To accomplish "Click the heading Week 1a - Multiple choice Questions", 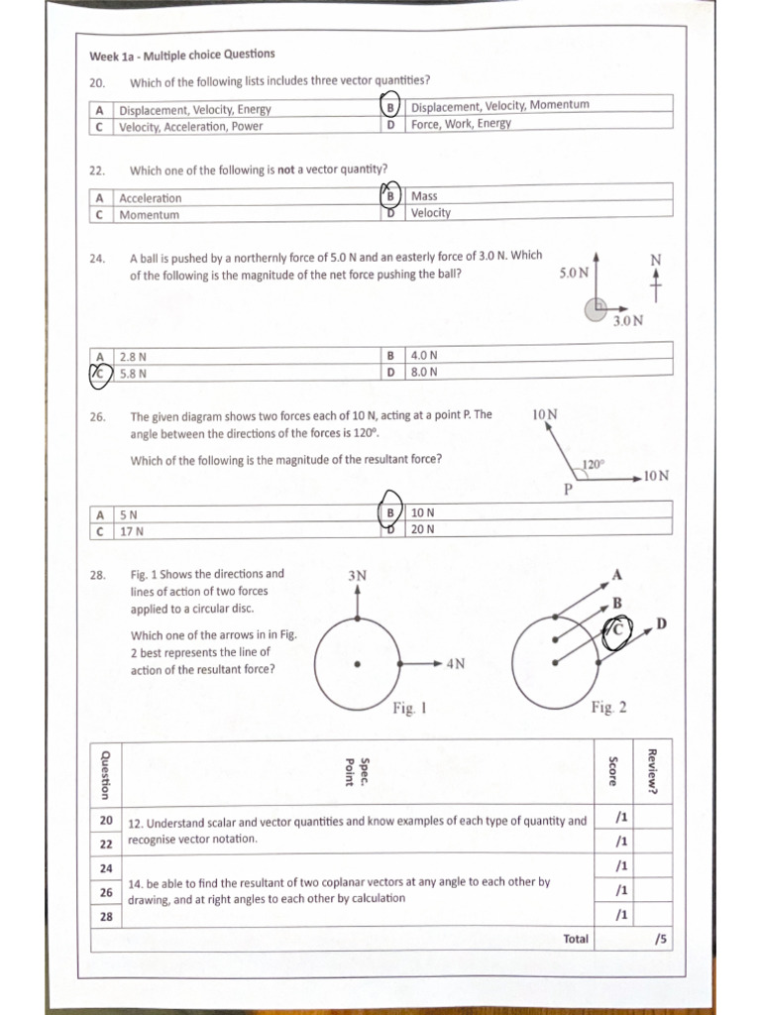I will (x=182, y=55).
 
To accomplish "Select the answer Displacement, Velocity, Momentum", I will (x=499, y=105).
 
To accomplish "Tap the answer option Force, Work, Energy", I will (x=461, y=124).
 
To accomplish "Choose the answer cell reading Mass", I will (x=424, y=196).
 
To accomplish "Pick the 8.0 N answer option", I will (x=424, y=373).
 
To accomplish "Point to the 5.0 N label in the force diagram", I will (x=574, y=271).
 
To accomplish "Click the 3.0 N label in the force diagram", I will (x=627, y=321).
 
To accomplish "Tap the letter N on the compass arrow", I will (x=655, y=260).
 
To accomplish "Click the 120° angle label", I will (x=593, y=464).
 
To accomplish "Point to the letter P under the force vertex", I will (x=569, y=490).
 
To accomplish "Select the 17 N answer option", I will (x=132, y=530).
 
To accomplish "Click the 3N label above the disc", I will (x=358, y=575).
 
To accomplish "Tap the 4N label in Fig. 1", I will (x=455, y=664).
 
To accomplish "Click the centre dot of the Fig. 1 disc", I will (x=358, y=664).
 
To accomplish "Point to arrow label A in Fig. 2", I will (x=616, y=575).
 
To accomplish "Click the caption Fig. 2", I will (x=607, y=707).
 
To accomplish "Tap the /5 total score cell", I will (x=658, y=938).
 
